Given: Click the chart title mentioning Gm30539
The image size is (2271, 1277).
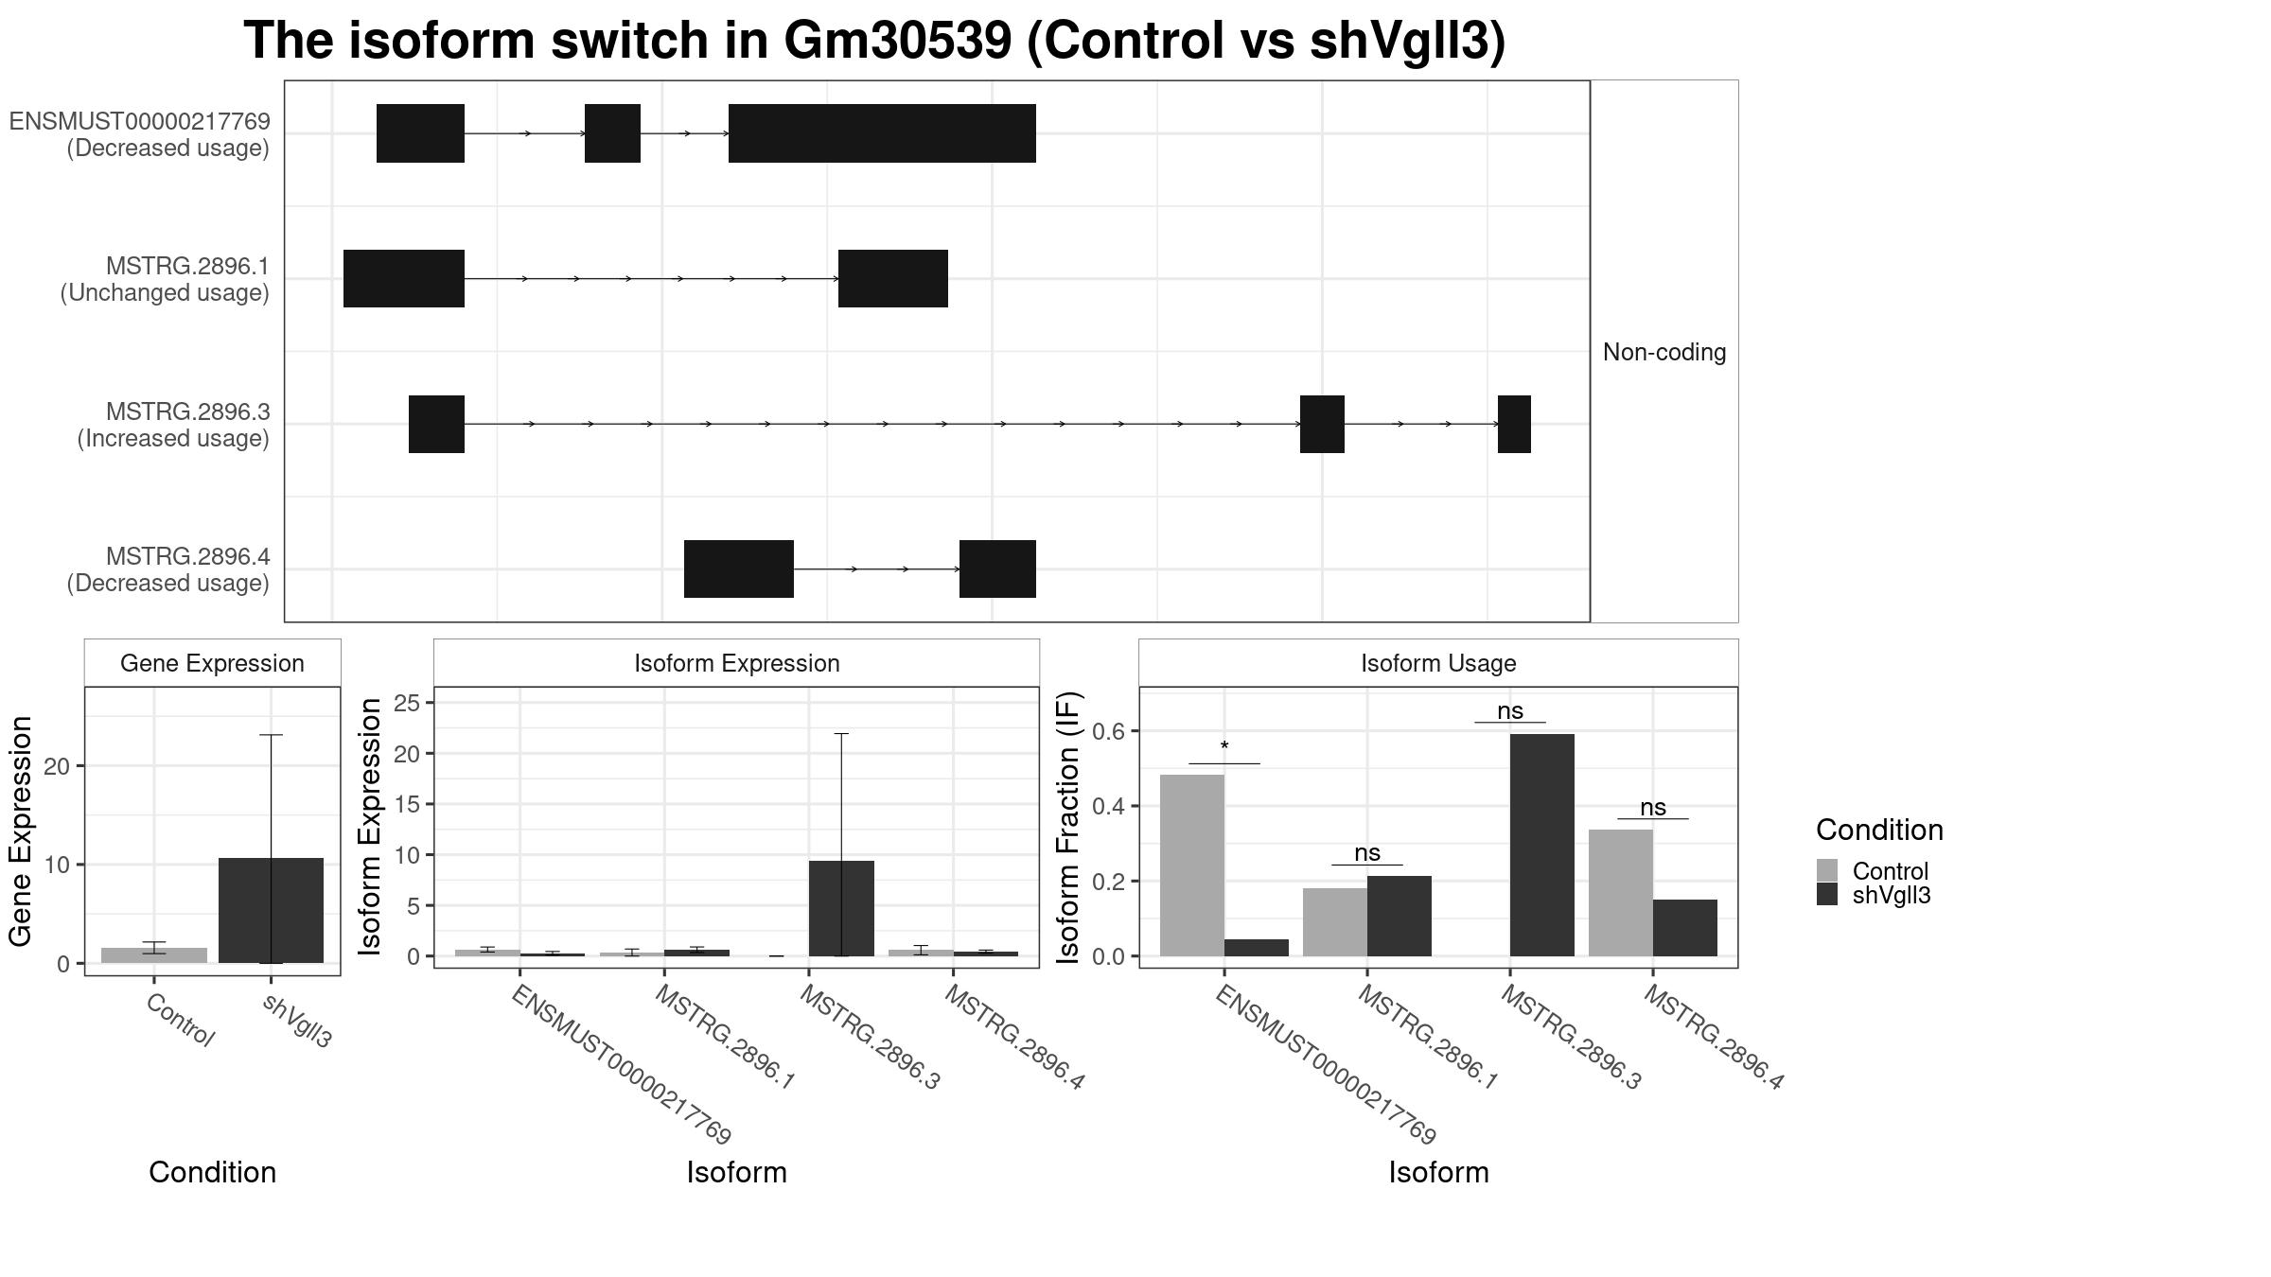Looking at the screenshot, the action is [874, 42].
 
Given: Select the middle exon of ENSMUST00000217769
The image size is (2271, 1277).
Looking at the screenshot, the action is [612, 133].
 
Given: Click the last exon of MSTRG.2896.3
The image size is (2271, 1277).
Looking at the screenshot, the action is [1514, 424].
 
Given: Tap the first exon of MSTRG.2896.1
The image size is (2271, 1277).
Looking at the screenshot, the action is [404, 278].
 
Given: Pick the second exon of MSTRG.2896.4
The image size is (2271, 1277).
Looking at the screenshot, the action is [997, 569].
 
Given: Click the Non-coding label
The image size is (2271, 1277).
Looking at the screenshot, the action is [1664, 352].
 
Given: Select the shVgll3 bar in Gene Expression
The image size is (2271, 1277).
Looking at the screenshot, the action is [271, 910].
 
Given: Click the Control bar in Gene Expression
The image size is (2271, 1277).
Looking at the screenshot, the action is [154, 955].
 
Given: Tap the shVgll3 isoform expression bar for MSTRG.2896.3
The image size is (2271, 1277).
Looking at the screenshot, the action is [841, 908].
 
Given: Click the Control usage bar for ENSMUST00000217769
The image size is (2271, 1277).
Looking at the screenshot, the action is [1192, 866].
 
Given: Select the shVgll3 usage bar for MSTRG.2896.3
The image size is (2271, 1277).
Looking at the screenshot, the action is [1542, 845].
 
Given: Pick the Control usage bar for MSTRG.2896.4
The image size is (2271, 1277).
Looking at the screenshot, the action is [1621, 893].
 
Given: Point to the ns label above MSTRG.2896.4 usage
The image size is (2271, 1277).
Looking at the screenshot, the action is [1653, 808].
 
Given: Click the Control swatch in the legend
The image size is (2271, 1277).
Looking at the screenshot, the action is [1827, 870].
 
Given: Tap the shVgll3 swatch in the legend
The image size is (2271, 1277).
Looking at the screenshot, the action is [1827, 895].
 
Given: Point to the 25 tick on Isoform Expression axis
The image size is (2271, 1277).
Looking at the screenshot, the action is [408, 703].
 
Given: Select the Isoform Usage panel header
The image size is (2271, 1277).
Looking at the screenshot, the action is [1438, 663].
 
